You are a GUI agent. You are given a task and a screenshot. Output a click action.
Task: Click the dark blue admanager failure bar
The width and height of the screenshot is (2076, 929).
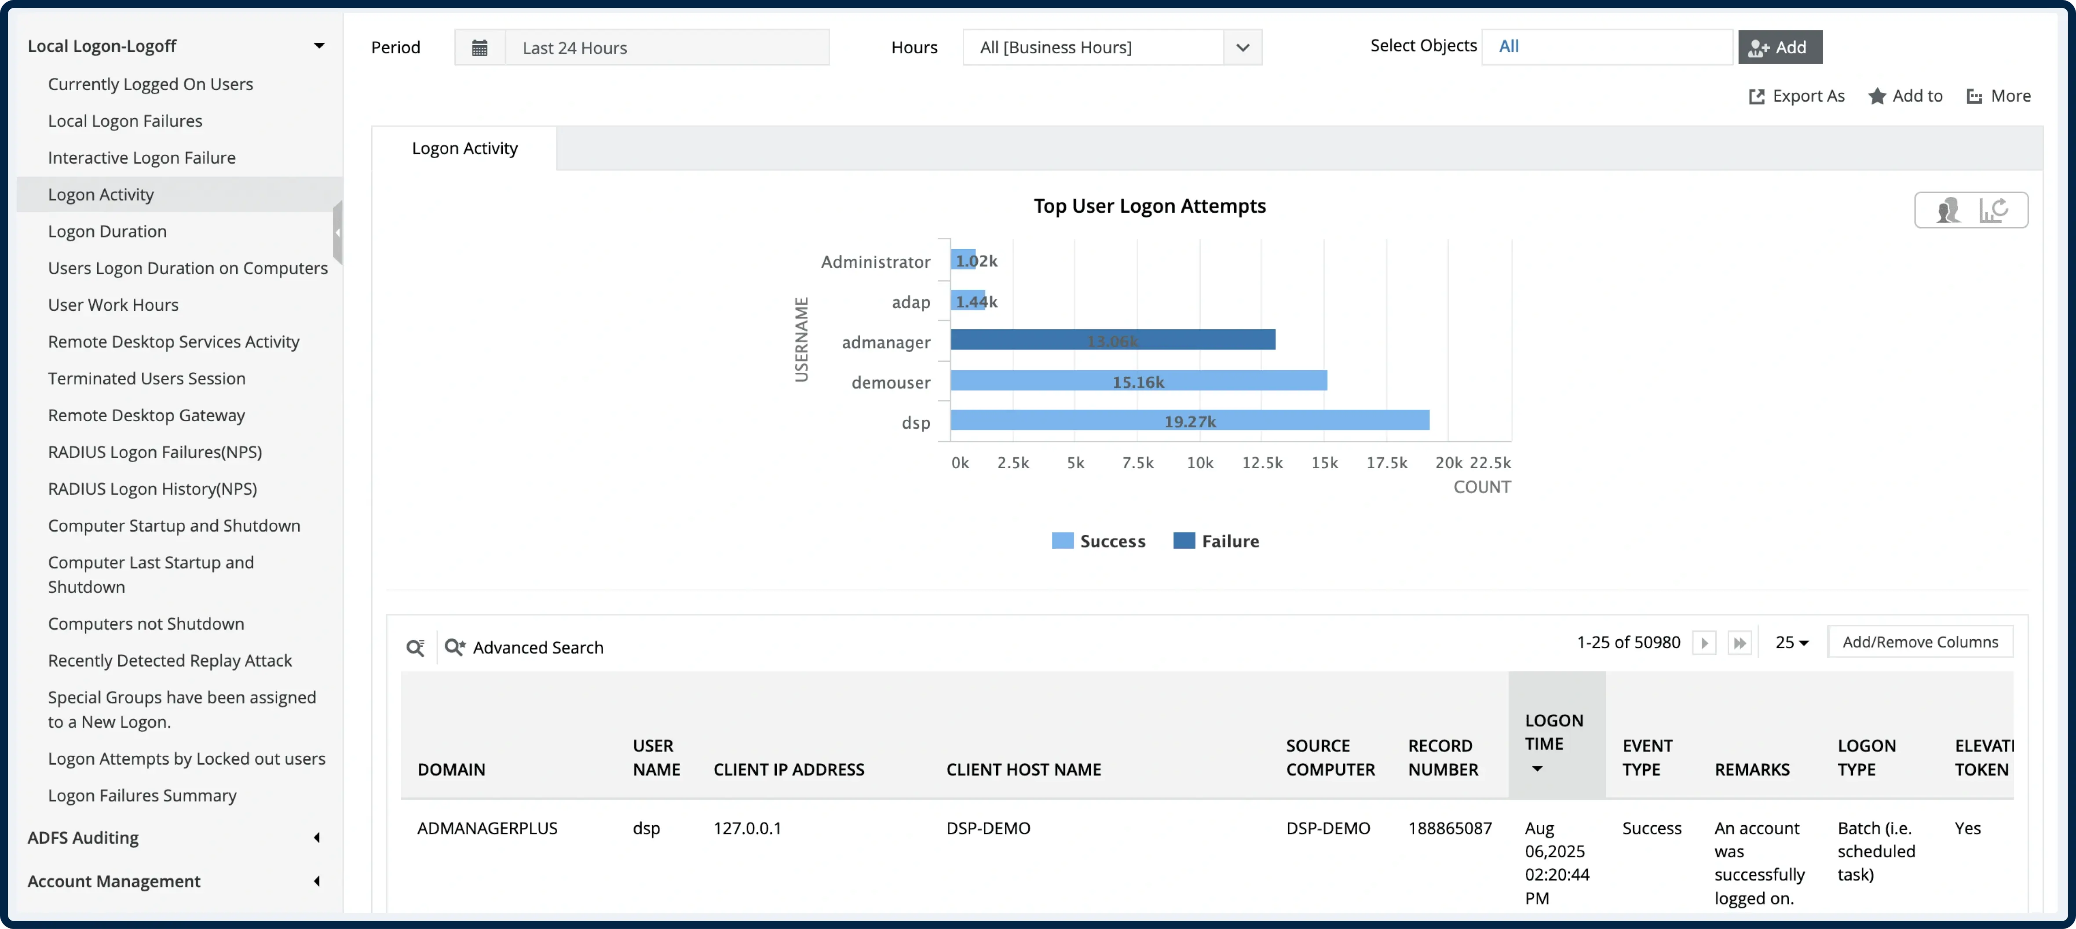(1112, 340)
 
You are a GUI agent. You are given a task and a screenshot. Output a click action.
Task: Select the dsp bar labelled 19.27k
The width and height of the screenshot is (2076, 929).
(1189, 421)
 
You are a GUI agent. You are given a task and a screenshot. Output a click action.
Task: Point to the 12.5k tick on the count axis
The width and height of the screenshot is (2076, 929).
(1262, 463)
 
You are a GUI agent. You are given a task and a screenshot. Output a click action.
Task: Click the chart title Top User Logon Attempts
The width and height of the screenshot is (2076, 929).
(1149, 206)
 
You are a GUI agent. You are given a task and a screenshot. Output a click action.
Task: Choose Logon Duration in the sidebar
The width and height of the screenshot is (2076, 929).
(107, 231)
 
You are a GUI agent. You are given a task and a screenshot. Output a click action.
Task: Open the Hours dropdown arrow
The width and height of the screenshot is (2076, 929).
(1242, 47)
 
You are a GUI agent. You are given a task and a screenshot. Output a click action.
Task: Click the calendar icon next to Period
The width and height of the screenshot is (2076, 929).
(479, 47)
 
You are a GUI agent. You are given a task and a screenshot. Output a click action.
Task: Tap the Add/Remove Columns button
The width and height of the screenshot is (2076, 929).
(1920, 642)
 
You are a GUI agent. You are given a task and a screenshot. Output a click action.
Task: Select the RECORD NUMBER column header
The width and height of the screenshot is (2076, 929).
(1443, 758)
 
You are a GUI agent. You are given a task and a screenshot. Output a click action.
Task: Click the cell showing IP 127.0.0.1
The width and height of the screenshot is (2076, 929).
(747, 828)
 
